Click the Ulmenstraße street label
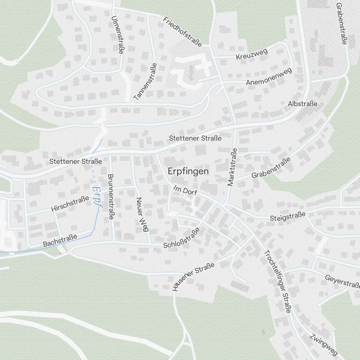118,35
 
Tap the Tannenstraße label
145,82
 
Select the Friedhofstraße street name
182,32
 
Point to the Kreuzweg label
252,54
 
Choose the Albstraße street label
302,104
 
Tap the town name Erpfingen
188,171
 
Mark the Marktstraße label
232,167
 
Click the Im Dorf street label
185,190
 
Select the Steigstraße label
288,217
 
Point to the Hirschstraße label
70,204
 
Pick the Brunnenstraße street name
111,197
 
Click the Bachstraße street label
60,241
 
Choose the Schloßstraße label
181,238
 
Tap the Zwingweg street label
324,344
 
